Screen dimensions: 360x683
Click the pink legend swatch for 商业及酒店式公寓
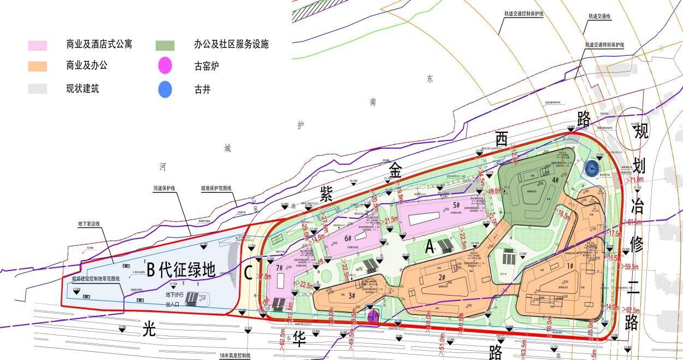(38, 45)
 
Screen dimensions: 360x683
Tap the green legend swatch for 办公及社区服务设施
(165, 45)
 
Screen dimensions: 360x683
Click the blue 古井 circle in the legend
(165, 88)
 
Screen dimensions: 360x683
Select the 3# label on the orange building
(351, 296)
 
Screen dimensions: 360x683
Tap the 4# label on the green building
(555, 180)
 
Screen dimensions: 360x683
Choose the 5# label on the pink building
(455, 205)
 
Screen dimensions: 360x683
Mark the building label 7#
(280, 268)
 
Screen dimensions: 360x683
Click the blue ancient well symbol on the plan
(591, 169)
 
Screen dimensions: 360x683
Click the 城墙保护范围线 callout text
(216, 188)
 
